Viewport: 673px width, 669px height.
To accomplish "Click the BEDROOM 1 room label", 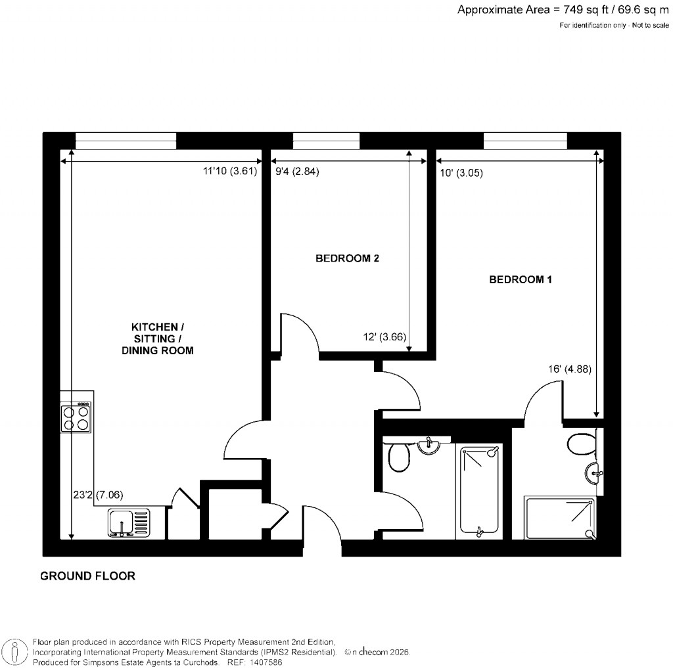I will pos(521,280).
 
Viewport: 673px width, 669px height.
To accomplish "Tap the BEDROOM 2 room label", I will pos(347,259).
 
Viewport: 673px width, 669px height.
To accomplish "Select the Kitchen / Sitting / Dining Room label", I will pos(158,338).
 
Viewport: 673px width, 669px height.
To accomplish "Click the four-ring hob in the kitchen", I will pos(76,417).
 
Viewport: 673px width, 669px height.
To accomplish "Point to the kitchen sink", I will pos(128,523).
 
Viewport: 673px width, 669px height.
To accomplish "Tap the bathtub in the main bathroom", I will pos(479,489).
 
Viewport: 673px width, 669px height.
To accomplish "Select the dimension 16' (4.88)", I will pos(570,369).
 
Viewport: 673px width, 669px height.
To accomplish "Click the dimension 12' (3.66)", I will pos(385,338).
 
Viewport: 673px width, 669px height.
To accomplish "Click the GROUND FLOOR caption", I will pos(87,576).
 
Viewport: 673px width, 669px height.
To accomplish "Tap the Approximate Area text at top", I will pos(563,9).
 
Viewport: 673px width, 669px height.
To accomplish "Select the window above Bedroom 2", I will pos(326,140).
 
